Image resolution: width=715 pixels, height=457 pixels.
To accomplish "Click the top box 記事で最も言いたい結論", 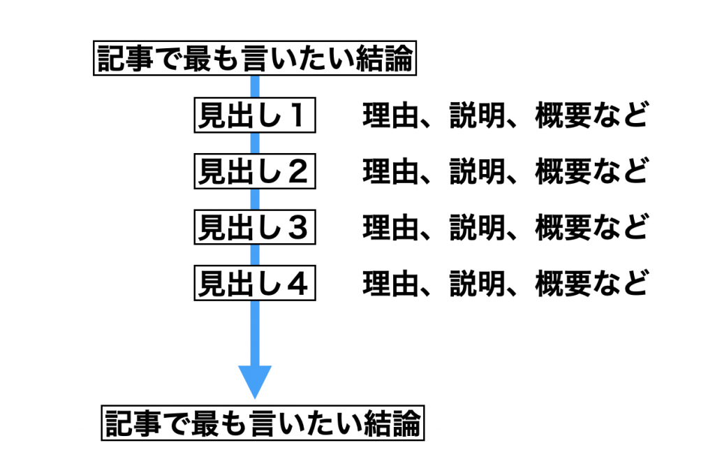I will [256, 60].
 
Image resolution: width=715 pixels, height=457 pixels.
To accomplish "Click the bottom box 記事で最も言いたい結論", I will [263, 423].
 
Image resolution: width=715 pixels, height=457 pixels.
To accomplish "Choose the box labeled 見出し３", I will [254, 228].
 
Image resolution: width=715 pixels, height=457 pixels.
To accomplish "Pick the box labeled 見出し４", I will [254, 284].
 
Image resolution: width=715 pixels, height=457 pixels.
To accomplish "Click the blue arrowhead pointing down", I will [255, 382].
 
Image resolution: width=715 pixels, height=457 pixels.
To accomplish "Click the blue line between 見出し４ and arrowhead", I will [255, 332].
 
